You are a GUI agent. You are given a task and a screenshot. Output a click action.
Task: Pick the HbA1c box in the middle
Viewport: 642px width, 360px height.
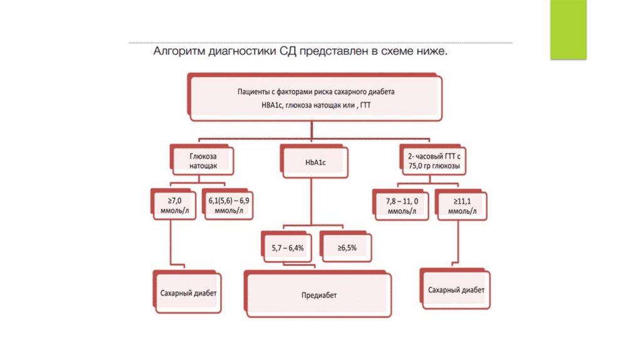point(312,162)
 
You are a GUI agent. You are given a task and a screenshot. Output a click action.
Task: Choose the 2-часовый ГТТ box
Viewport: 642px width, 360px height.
point(433,161)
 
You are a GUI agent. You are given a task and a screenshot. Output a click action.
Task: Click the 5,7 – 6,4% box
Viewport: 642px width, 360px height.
point(287,248)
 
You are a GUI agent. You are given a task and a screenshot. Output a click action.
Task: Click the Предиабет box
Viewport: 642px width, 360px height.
point(318,294)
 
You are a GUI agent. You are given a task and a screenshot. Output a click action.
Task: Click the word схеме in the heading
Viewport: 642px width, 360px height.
point(398,51)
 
